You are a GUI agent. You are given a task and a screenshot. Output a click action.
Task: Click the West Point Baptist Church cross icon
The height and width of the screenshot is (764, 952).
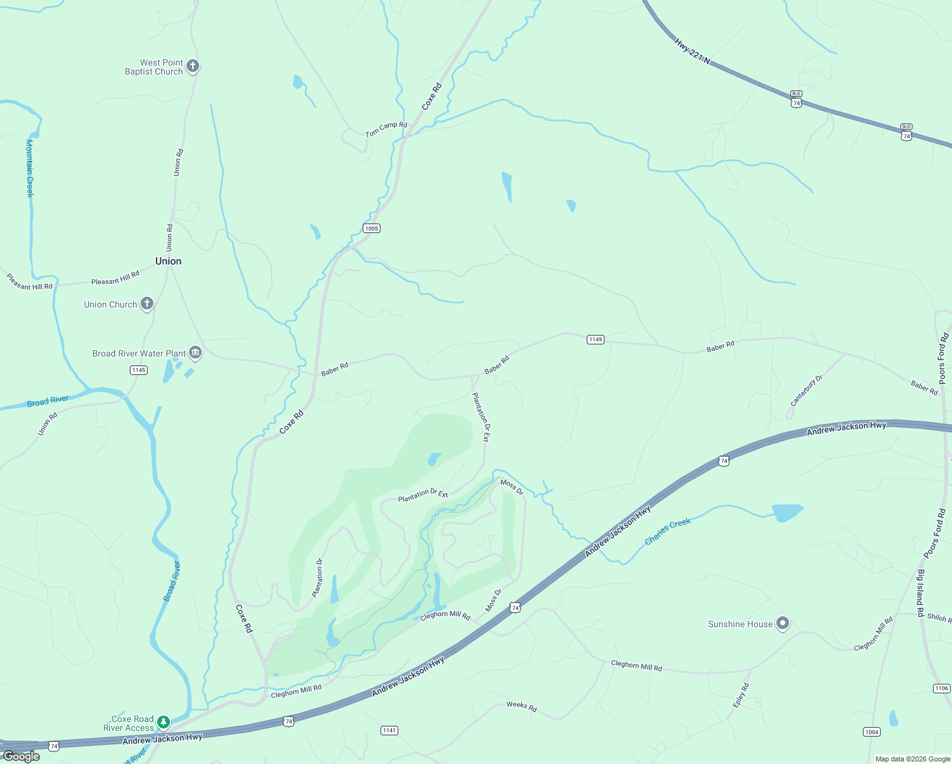pos(193,66)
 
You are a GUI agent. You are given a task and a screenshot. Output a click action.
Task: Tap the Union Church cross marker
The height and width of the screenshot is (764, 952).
pos(147,304)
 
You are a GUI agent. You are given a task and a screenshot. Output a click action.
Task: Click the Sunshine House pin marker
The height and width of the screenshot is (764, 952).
pos(783,623)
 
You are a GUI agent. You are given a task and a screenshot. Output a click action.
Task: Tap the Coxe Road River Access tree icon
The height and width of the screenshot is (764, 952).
pos(164,722)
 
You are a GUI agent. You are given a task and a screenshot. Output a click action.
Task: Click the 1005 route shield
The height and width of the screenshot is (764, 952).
pos(372,228)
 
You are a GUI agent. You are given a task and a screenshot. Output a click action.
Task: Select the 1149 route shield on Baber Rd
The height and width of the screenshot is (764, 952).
pos(596,339)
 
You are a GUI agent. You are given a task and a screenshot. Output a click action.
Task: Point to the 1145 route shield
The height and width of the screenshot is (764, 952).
pos(139,370)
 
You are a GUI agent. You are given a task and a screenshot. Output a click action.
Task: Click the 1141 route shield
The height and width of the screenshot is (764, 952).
pos(389,730)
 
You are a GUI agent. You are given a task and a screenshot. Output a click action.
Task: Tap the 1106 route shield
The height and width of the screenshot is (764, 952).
pos(942,688)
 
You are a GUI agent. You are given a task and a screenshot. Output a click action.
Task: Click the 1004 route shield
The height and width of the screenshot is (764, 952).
pos(872,732)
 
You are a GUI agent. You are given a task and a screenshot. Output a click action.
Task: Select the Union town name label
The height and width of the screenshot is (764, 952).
pos(168,261)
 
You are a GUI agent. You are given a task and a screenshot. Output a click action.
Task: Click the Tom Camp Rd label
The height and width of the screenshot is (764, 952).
pos(386,129)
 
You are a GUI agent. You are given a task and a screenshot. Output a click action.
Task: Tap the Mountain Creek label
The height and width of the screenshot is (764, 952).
pos(29,168)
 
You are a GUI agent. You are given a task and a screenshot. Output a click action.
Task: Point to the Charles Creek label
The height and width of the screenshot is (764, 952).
pos(668,531)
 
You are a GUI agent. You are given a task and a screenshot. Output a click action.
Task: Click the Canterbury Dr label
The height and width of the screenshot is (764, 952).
pos(806,391)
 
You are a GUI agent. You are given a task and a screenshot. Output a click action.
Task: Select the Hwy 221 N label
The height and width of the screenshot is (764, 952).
pos(692,52)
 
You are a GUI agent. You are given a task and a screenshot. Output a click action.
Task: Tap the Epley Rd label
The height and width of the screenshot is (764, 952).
pos(741,695)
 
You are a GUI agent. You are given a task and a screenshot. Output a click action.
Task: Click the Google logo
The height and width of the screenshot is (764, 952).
pos(22,756)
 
